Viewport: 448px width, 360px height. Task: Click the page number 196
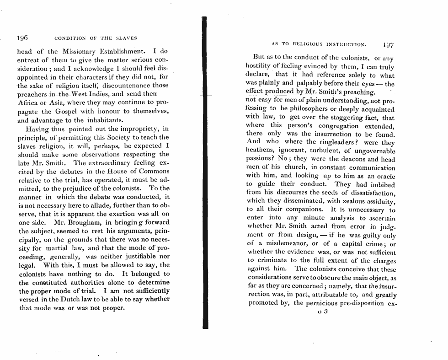point(22,38)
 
